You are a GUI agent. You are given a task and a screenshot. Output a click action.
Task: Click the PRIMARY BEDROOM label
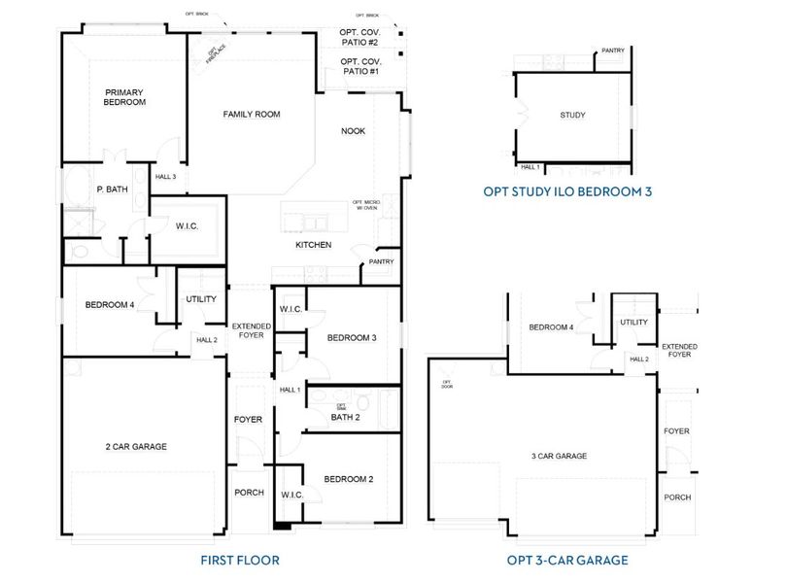[x=125, y=97]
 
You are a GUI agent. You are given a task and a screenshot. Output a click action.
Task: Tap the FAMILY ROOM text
[x=252, y=115]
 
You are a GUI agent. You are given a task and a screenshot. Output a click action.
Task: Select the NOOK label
[x=353, y=131]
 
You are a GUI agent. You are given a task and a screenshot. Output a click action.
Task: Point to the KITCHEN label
[x=314, y=245]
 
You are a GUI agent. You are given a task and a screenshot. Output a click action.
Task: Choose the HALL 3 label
[x=166, y=177]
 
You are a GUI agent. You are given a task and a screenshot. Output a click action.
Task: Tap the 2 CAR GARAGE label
[x=136, y=447]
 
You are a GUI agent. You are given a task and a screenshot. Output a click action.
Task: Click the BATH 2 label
[x=345, y=418]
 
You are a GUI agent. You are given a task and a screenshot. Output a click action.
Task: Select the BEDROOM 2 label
[x=349, y=479]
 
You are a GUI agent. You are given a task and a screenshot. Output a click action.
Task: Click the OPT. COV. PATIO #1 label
[x=359, y=66]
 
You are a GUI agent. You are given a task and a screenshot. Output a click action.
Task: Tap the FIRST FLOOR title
[x=240, y=561]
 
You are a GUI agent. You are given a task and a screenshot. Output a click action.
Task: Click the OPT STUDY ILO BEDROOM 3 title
[x=567, y=191]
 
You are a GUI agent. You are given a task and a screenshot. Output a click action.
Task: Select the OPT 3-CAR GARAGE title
[x=567, y=561]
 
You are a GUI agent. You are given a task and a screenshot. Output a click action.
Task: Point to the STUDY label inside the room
[x=572, y=116]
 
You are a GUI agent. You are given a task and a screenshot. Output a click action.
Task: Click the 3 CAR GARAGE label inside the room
[x=559, y=456]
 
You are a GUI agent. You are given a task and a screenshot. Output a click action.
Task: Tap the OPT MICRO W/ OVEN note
[x=364, y=205]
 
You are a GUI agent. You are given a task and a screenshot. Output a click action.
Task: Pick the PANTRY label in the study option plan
[x=612, y=51]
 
